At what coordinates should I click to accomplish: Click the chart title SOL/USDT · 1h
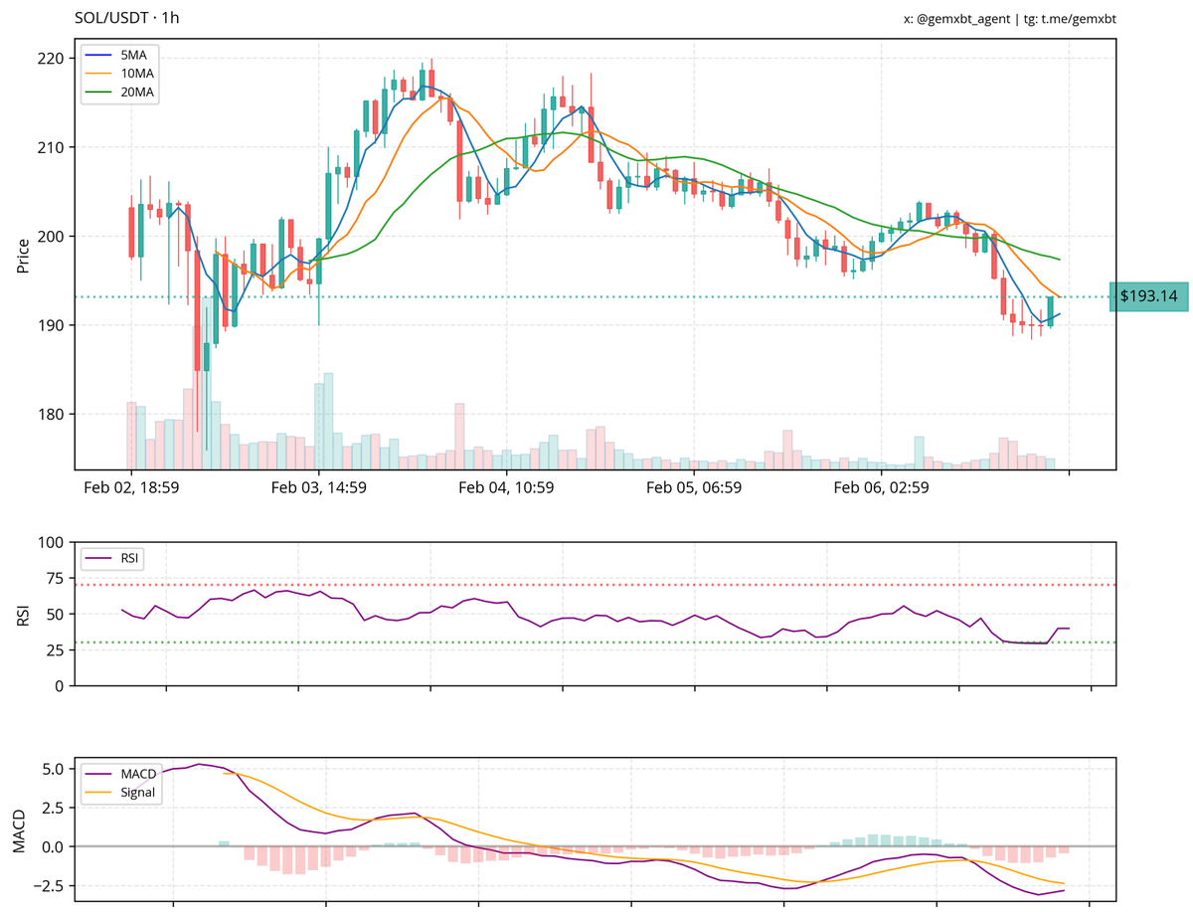coord(127,18)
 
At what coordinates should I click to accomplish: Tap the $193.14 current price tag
coord(1148,295)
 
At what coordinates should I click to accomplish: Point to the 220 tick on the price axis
coord(53,59)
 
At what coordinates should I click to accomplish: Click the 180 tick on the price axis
coord(53,415)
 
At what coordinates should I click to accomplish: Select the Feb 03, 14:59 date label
coord(318,487)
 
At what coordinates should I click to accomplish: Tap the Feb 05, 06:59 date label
coord(694,487)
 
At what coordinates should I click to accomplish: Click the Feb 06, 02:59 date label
coord(881,487)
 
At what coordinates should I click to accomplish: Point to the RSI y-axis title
coord(22,615)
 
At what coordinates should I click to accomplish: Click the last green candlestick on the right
coord(1050,311)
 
